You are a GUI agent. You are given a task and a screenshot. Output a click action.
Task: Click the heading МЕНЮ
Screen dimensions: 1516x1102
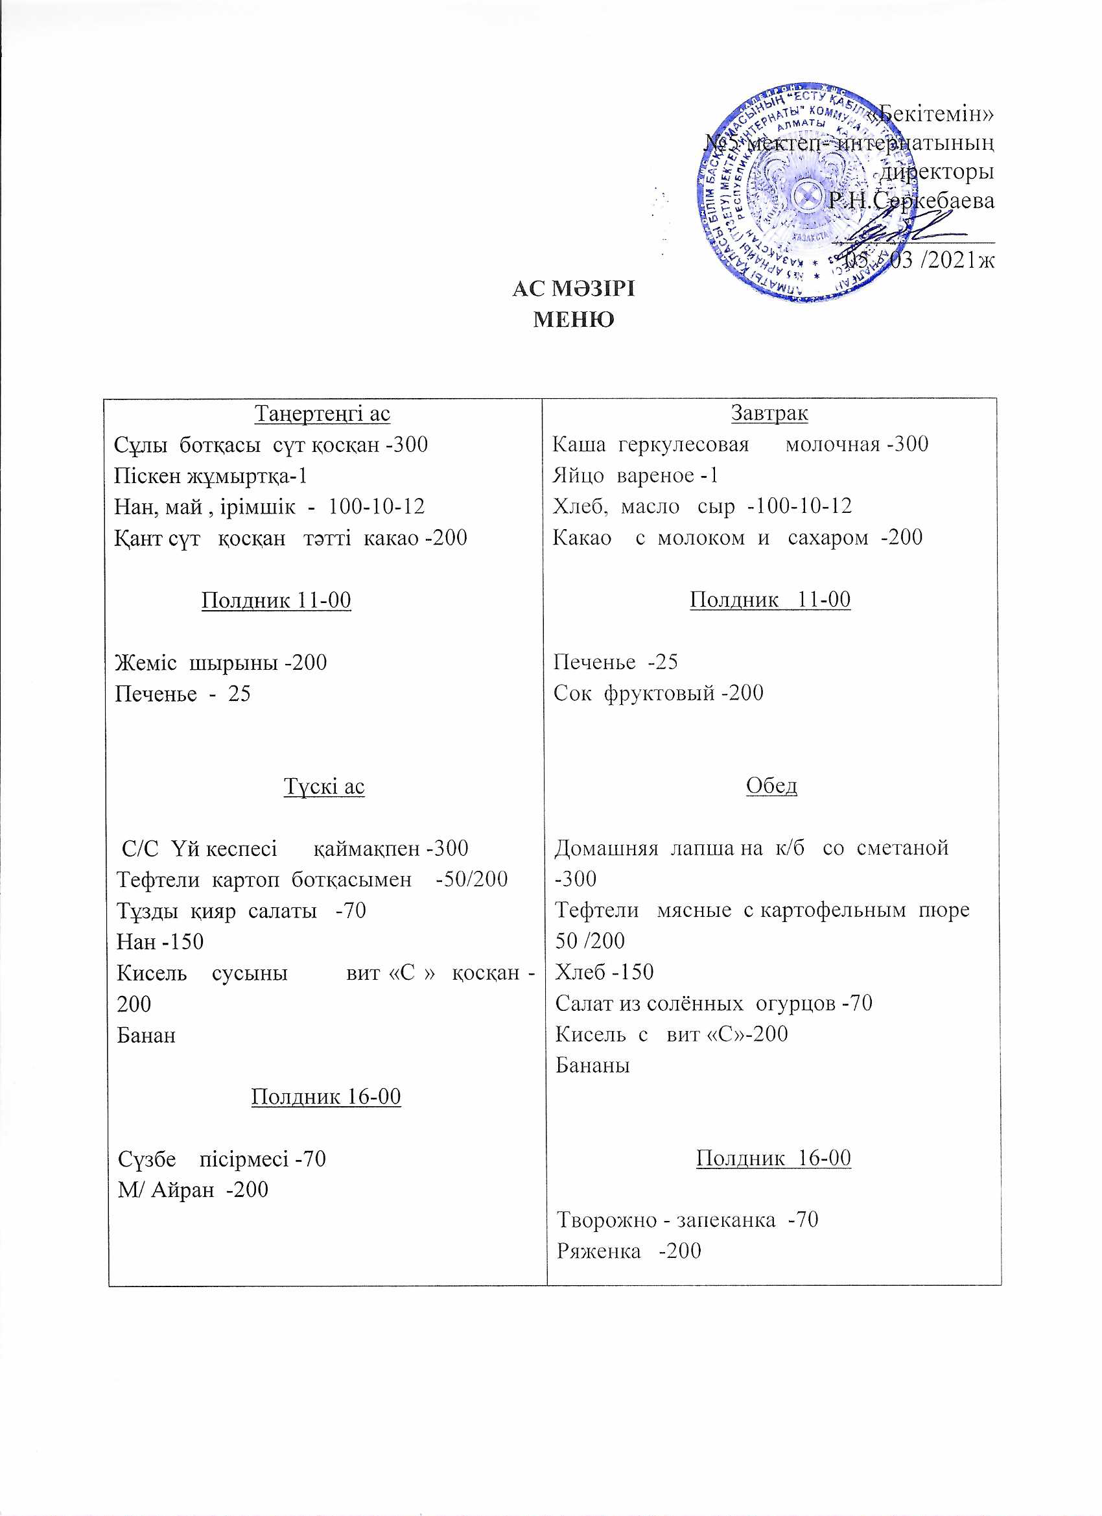pos(574,320)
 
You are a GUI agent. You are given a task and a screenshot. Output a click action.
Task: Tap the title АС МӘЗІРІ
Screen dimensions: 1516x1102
pos(574,289)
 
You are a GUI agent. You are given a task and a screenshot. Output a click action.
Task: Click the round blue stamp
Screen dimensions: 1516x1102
pos(805,194)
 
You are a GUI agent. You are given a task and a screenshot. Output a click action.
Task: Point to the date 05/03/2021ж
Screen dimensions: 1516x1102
pos(919,259)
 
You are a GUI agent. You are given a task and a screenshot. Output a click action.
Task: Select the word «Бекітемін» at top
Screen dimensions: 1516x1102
pos(935,114)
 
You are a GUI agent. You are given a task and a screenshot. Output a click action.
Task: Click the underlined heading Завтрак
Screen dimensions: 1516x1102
pos(769,413)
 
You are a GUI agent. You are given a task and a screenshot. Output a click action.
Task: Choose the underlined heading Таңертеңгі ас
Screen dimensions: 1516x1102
pos(322,414)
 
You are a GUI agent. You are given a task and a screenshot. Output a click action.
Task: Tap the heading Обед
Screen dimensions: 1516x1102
pos(771,785)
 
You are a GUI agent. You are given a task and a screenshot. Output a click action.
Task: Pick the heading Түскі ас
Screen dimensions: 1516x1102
pos(324,786)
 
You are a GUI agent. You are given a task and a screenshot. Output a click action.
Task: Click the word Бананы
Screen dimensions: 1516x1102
pos(592,1065)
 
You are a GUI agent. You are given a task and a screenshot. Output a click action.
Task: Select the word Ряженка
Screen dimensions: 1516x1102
pos(599,1250)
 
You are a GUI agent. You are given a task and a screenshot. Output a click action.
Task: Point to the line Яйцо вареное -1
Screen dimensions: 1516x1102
pos(635,475)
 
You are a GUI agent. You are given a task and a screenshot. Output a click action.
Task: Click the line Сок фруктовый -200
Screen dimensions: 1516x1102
pos(658,693)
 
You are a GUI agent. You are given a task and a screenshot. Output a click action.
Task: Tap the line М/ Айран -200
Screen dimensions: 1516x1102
pos(193,1189)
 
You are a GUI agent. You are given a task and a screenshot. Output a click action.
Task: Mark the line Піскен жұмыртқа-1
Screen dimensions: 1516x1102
pos(211,475)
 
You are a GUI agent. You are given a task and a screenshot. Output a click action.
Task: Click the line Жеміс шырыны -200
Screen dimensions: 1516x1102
pos(220,663)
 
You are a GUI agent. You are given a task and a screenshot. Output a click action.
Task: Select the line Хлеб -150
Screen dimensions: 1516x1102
pos(604,971)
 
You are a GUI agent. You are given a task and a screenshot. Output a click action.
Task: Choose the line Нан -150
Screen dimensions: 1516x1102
pos(159,942)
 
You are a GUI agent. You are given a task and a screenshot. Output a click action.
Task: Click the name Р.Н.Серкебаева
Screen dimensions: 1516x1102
pos(911,200)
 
